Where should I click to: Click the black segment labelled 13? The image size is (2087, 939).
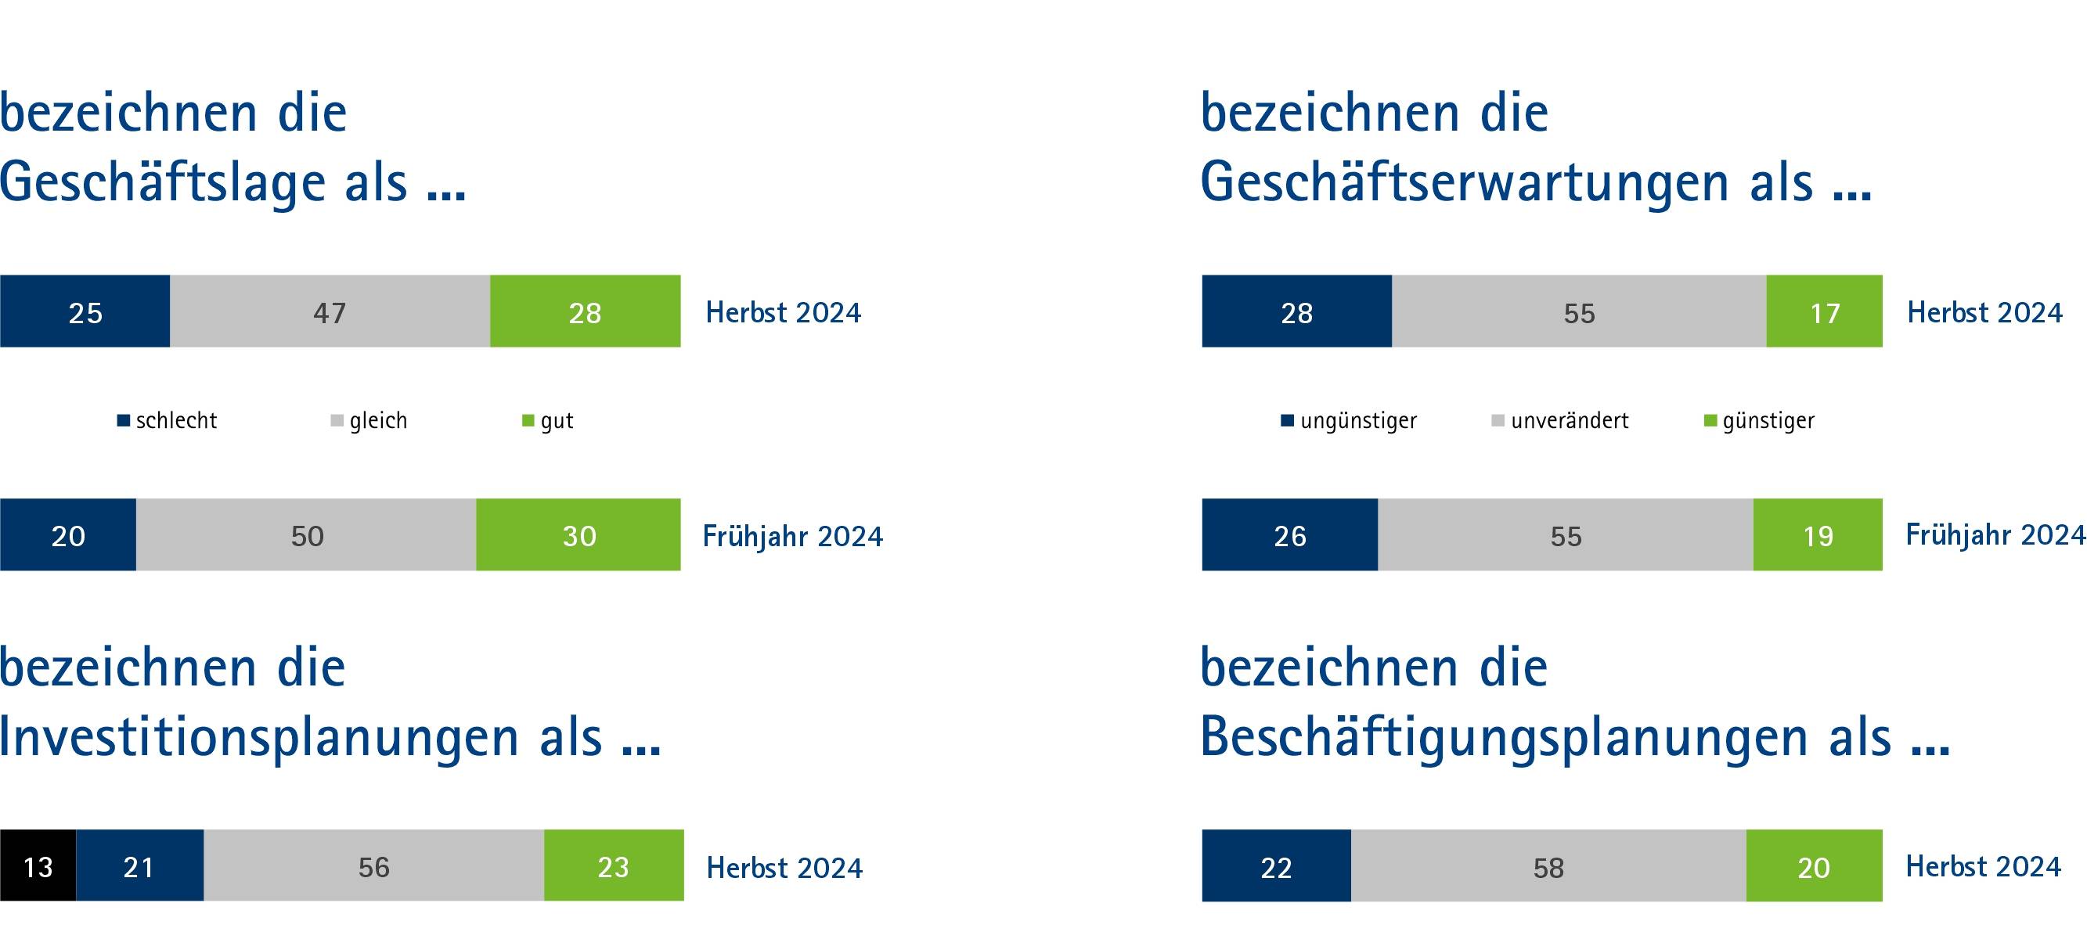coord(38,865)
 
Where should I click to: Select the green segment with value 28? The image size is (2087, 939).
coord(585,311)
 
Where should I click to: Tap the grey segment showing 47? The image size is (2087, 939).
coord(330,311)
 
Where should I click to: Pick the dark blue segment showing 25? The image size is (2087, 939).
coord(85,311)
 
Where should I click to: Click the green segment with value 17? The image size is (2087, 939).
coord(1824,311)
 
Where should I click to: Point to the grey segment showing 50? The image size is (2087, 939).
coord(306,534)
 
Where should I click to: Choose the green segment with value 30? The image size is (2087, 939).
coord(579,534)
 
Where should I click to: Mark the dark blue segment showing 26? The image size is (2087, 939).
coord(1290,534)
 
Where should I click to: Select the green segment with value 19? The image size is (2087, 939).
coord(1817,534)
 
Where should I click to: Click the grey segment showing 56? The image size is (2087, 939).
coord(373,865)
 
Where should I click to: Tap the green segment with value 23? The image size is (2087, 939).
coord(613,865)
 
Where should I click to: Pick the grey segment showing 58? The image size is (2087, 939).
coord(1548,866)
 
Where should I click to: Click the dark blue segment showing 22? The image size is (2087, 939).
coord(1276,866)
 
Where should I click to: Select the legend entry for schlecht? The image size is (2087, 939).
coord(168,420)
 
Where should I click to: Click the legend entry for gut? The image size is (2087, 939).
coord(549,420)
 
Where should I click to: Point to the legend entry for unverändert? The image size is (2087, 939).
coord(1560,420)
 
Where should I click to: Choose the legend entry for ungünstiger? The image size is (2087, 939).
coord(1350,420)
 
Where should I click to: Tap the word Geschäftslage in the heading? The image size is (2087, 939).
coord(162,182)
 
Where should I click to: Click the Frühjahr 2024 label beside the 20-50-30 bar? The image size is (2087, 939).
coord(792,536)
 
